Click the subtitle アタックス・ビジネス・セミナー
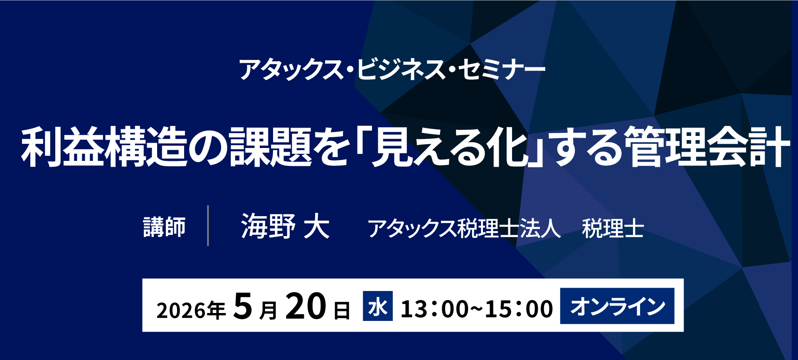(392, 69)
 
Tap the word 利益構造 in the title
(104, 147)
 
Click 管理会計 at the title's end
(707, 147)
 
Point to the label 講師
(165, 227)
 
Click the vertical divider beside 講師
(208, 225)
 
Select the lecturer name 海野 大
(286, 226)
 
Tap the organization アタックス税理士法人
(464, 228)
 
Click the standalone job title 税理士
(613, 228)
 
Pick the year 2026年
(191, 311)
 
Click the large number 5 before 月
(243, 306)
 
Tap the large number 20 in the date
(306, 306)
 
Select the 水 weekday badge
(378, 306)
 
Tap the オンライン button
(617, 306)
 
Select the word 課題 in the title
(270, 147)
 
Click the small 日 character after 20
(342, 311)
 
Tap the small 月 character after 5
(268, 311)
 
